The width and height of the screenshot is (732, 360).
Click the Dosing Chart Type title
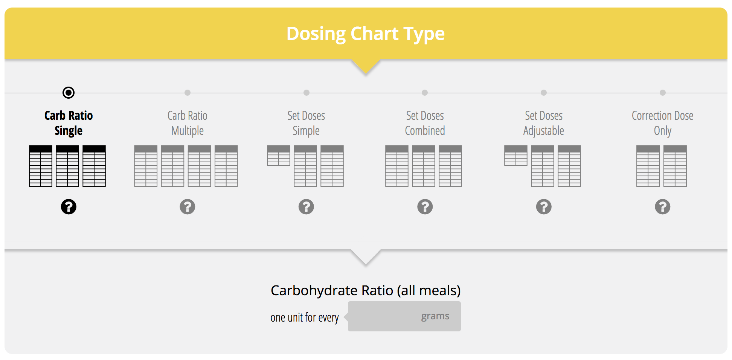(366, 34)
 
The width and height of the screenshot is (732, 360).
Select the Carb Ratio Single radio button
(69, 93)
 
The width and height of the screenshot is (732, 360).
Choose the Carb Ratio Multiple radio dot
(188, 93)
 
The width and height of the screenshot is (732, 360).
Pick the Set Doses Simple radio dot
(307, 93)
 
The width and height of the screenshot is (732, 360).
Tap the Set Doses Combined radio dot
(425, 93)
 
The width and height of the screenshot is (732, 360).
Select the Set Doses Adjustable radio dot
(544, 93)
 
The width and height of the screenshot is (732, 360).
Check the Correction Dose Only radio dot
(663, 93)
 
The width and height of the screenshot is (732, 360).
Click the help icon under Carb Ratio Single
(69, 207)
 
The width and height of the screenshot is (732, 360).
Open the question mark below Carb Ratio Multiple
(188, 207)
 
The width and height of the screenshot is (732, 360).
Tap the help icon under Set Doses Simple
(307, 207)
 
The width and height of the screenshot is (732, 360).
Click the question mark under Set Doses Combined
(425, 207)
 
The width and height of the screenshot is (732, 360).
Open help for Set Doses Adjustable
(544, 207)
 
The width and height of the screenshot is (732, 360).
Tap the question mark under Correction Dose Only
(663, 207)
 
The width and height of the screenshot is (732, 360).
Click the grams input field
(404, 316)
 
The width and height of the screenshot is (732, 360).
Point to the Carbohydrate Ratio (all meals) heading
(366, 291)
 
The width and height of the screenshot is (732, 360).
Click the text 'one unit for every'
(305, 317)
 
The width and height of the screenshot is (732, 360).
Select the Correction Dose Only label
(663, 123)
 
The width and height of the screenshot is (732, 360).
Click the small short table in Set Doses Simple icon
(279, 156)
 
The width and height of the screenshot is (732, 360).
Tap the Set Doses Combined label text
(425, 123)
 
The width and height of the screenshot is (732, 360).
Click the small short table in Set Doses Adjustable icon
(516, 156)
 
